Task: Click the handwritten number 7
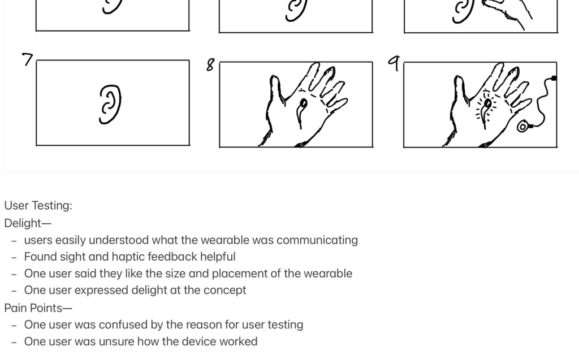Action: (28, 59)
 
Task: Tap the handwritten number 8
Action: (210, 65)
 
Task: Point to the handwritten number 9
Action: (394, 63)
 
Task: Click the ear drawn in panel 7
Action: (110, 104)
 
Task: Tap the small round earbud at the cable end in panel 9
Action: (523, 126)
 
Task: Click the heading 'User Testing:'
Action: (38, 206)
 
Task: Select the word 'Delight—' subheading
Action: (27, 223)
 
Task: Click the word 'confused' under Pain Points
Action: (124, 325)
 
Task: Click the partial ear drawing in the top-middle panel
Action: (296, 10)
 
